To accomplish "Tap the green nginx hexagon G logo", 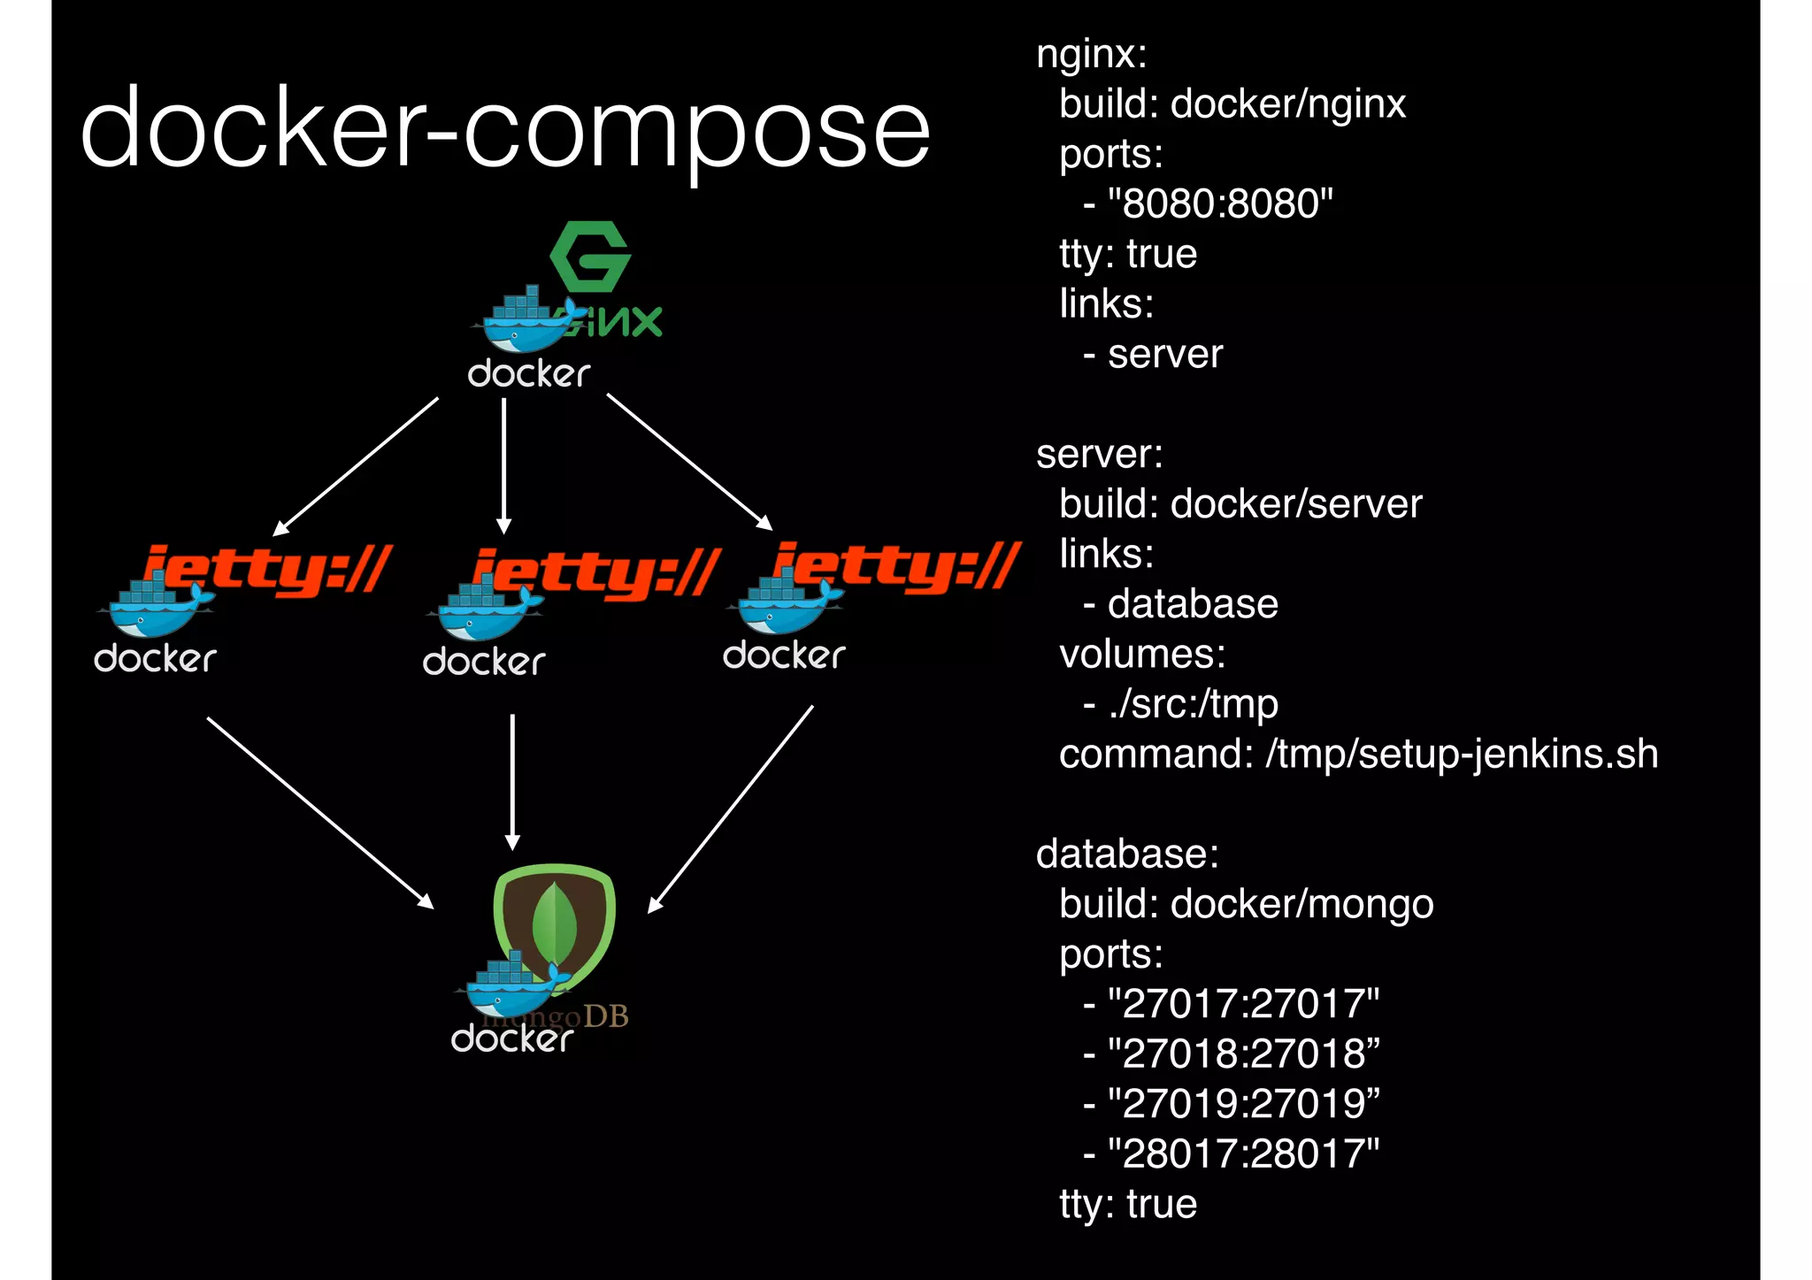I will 590,257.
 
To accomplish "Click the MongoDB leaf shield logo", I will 556,924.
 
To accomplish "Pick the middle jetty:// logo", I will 596,572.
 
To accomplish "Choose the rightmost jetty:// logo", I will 895,566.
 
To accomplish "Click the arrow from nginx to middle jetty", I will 503,464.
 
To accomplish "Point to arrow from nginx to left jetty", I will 357,466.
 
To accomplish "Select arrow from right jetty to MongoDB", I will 731,809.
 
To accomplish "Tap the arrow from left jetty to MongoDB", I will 319,812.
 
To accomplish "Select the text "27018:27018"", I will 1243,1054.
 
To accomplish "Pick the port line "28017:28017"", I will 1243,1154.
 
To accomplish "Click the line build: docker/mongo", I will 1246,904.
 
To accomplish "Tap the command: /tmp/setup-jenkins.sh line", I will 1358,755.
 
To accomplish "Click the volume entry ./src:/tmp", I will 1192,704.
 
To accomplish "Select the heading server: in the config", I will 1099,455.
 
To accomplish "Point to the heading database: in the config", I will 1127,855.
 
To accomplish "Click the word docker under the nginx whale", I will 528,374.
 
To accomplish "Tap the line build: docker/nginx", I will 1232,104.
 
